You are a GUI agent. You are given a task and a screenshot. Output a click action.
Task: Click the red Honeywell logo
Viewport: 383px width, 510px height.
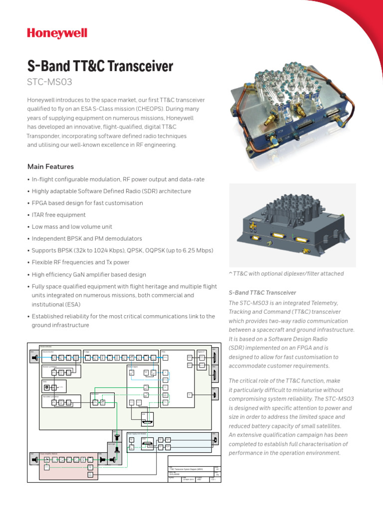[x=57, y=34]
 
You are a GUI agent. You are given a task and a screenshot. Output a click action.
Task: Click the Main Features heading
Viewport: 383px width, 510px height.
[x=50, y=166]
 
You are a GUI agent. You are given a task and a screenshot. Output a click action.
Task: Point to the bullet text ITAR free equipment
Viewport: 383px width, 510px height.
[x=59, y=215]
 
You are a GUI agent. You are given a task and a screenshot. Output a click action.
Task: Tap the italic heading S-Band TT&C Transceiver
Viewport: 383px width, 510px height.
[x=262, y=292]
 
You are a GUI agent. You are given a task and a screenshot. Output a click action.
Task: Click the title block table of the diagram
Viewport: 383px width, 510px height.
[x=194, y=471]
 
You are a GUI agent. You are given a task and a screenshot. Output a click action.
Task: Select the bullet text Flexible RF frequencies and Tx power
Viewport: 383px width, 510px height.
[x=80, y=262]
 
